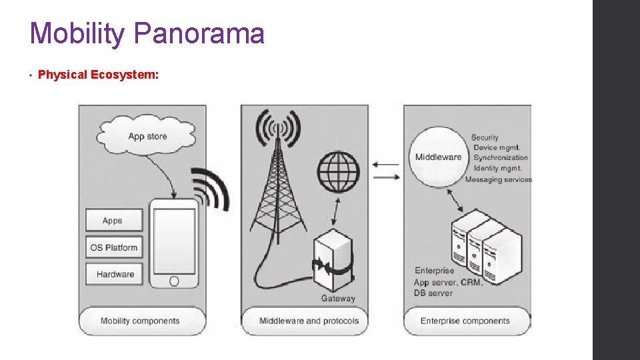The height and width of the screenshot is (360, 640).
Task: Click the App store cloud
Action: [147, 137]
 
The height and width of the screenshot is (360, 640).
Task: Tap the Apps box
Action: [113, 221]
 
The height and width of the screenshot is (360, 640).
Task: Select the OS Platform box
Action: [113, 248]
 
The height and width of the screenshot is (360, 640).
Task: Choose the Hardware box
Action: [115, 274]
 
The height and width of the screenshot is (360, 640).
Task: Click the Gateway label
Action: [338, 298]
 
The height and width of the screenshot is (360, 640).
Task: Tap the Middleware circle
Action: [438, 157]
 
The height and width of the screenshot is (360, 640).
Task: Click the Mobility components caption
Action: [140, 321]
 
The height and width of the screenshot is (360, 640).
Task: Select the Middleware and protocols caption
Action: [309, 321]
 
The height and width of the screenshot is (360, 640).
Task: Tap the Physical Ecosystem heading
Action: [98, 75]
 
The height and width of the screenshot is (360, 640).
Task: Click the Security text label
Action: [485, 137]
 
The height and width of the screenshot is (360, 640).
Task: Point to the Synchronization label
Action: [500, 158]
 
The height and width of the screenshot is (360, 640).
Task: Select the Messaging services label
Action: [499, 179]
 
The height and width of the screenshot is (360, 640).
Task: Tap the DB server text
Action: [433, 293]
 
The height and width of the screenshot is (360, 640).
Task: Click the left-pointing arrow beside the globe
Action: [385, 164]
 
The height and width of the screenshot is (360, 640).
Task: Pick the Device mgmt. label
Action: [497, 147]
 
